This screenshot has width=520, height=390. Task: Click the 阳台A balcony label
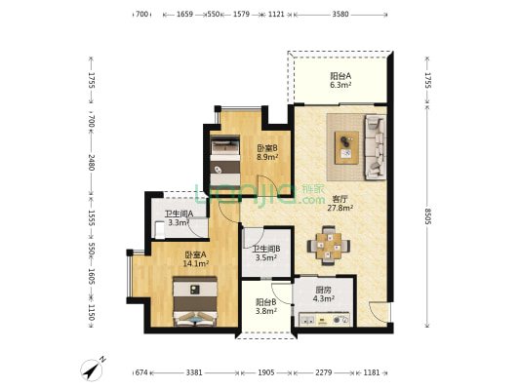point(340,76)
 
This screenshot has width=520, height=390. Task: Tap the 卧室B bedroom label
point(267,148)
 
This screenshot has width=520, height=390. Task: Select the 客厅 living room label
point(340,199)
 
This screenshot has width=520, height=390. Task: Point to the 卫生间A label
point(180,214)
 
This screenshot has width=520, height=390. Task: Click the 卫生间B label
point(266,249)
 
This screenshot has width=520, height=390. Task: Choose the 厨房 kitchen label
point(323,290)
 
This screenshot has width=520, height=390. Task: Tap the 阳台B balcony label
point(266,302)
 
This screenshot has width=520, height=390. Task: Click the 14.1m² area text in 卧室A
point(196,264)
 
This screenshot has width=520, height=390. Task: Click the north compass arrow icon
point(92,370)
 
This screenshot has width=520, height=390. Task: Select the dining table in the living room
point(329,246)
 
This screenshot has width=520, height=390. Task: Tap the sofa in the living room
point(376,147)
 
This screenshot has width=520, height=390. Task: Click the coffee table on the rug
point(346,147)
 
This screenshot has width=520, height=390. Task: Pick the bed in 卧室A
point(195,301)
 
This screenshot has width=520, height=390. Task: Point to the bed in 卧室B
point(225,164)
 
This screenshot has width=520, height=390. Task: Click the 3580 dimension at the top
point(340,15)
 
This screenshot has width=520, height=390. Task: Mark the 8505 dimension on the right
point(427,216)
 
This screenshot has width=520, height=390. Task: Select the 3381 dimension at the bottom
point(194,372)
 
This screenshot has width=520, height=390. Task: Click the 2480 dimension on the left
point(91,163)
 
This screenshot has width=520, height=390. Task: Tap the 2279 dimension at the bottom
point(323,372)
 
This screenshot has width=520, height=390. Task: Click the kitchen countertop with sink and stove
point(324,320)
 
